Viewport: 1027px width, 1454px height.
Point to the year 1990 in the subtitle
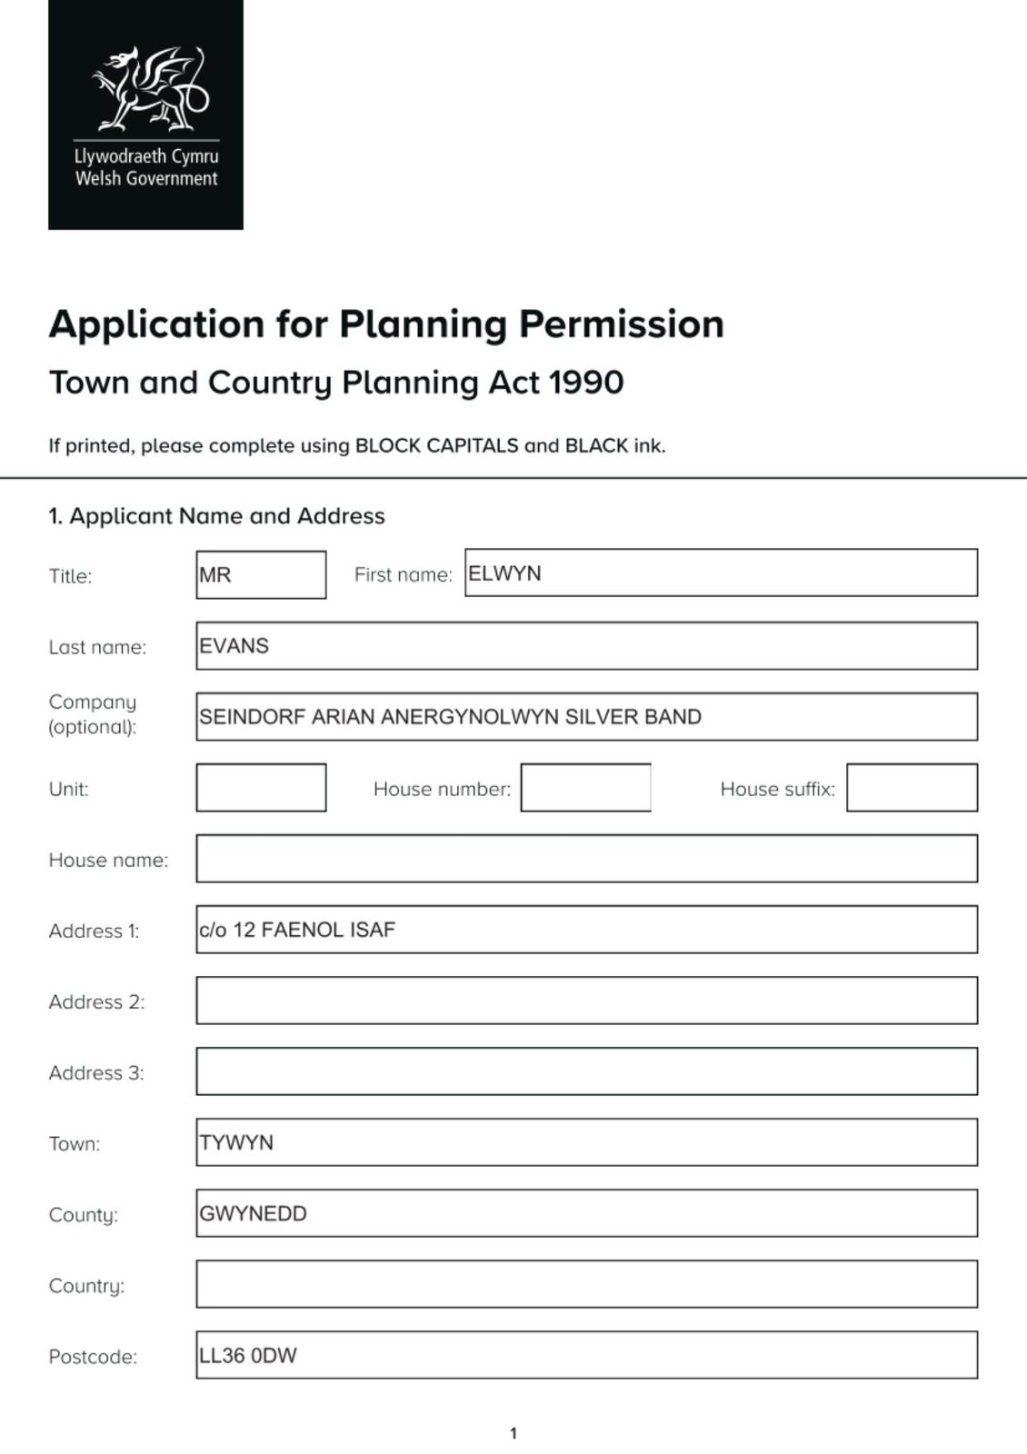click(586, 383)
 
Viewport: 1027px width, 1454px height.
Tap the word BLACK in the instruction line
click(596, 446)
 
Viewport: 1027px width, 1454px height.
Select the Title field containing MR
click(261, 575)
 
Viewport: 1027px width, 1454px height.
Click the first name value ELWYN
click(504, 573)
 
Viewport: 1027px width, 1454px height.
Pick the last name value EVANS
click(234, 646)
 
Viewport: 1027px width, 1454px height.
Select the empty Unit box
click(261, 788)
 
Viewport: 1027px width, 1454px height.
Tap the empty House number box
click(585, 788)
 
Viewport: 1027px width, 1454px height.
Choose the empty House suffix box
click(912, 788)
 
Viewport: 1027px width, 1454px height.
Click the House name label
click(108, 860)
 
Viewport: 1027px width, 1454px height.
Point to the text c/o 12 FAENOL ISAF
click(297, 930)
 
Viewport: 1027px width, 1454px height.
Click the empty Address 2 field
click(586, 1001)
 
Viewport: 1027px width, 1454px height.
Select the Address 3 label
click(96, 1073)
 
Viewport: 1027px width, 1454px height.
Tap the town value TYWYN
click(236, 1142)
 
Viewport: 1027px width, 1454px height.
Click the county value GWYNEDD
click(253, 1214)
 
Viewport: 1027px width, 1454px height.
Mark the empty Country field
click(586, 1284)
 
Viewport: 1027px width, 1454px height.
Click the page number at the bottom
click(513, 1434)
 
